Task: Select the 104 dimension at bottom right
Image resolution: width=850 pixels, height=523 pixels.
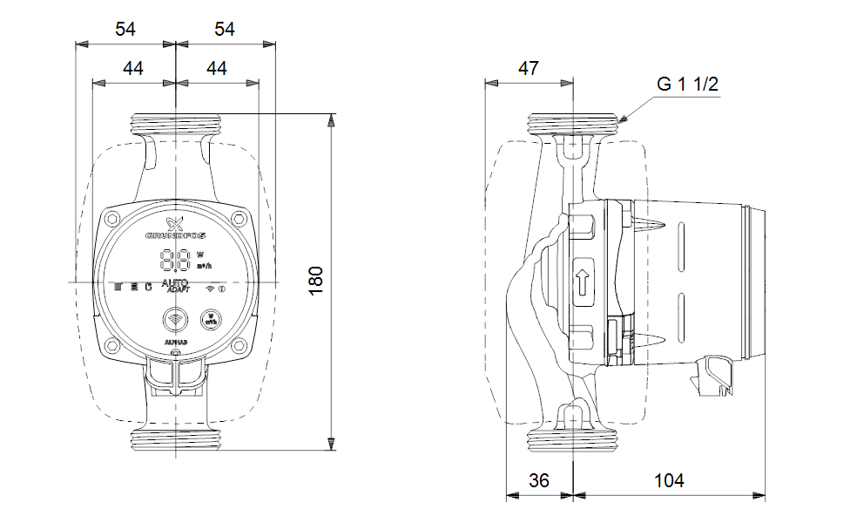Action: click(668, 480)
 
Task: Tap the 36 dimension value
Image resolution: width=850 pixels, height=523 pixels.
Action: click(540, 480)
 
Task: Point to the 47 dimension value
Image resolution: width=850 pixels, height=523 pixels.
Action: click(529, 68)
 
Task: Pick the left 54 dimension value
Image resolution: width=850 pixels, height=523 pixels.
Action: click(125, 29)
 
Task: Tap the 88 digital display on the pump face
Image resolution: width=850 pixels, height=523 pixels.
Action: click(176, 259)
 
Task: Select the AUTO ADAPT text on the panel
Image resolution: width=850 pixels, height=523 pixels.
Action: click(177, 286)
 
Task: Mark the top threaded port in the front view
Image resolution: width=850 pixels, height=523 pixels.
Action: click(176, 123)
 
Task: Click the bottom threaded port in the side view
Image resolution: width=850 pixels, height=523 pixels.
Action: click(574, 441)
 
